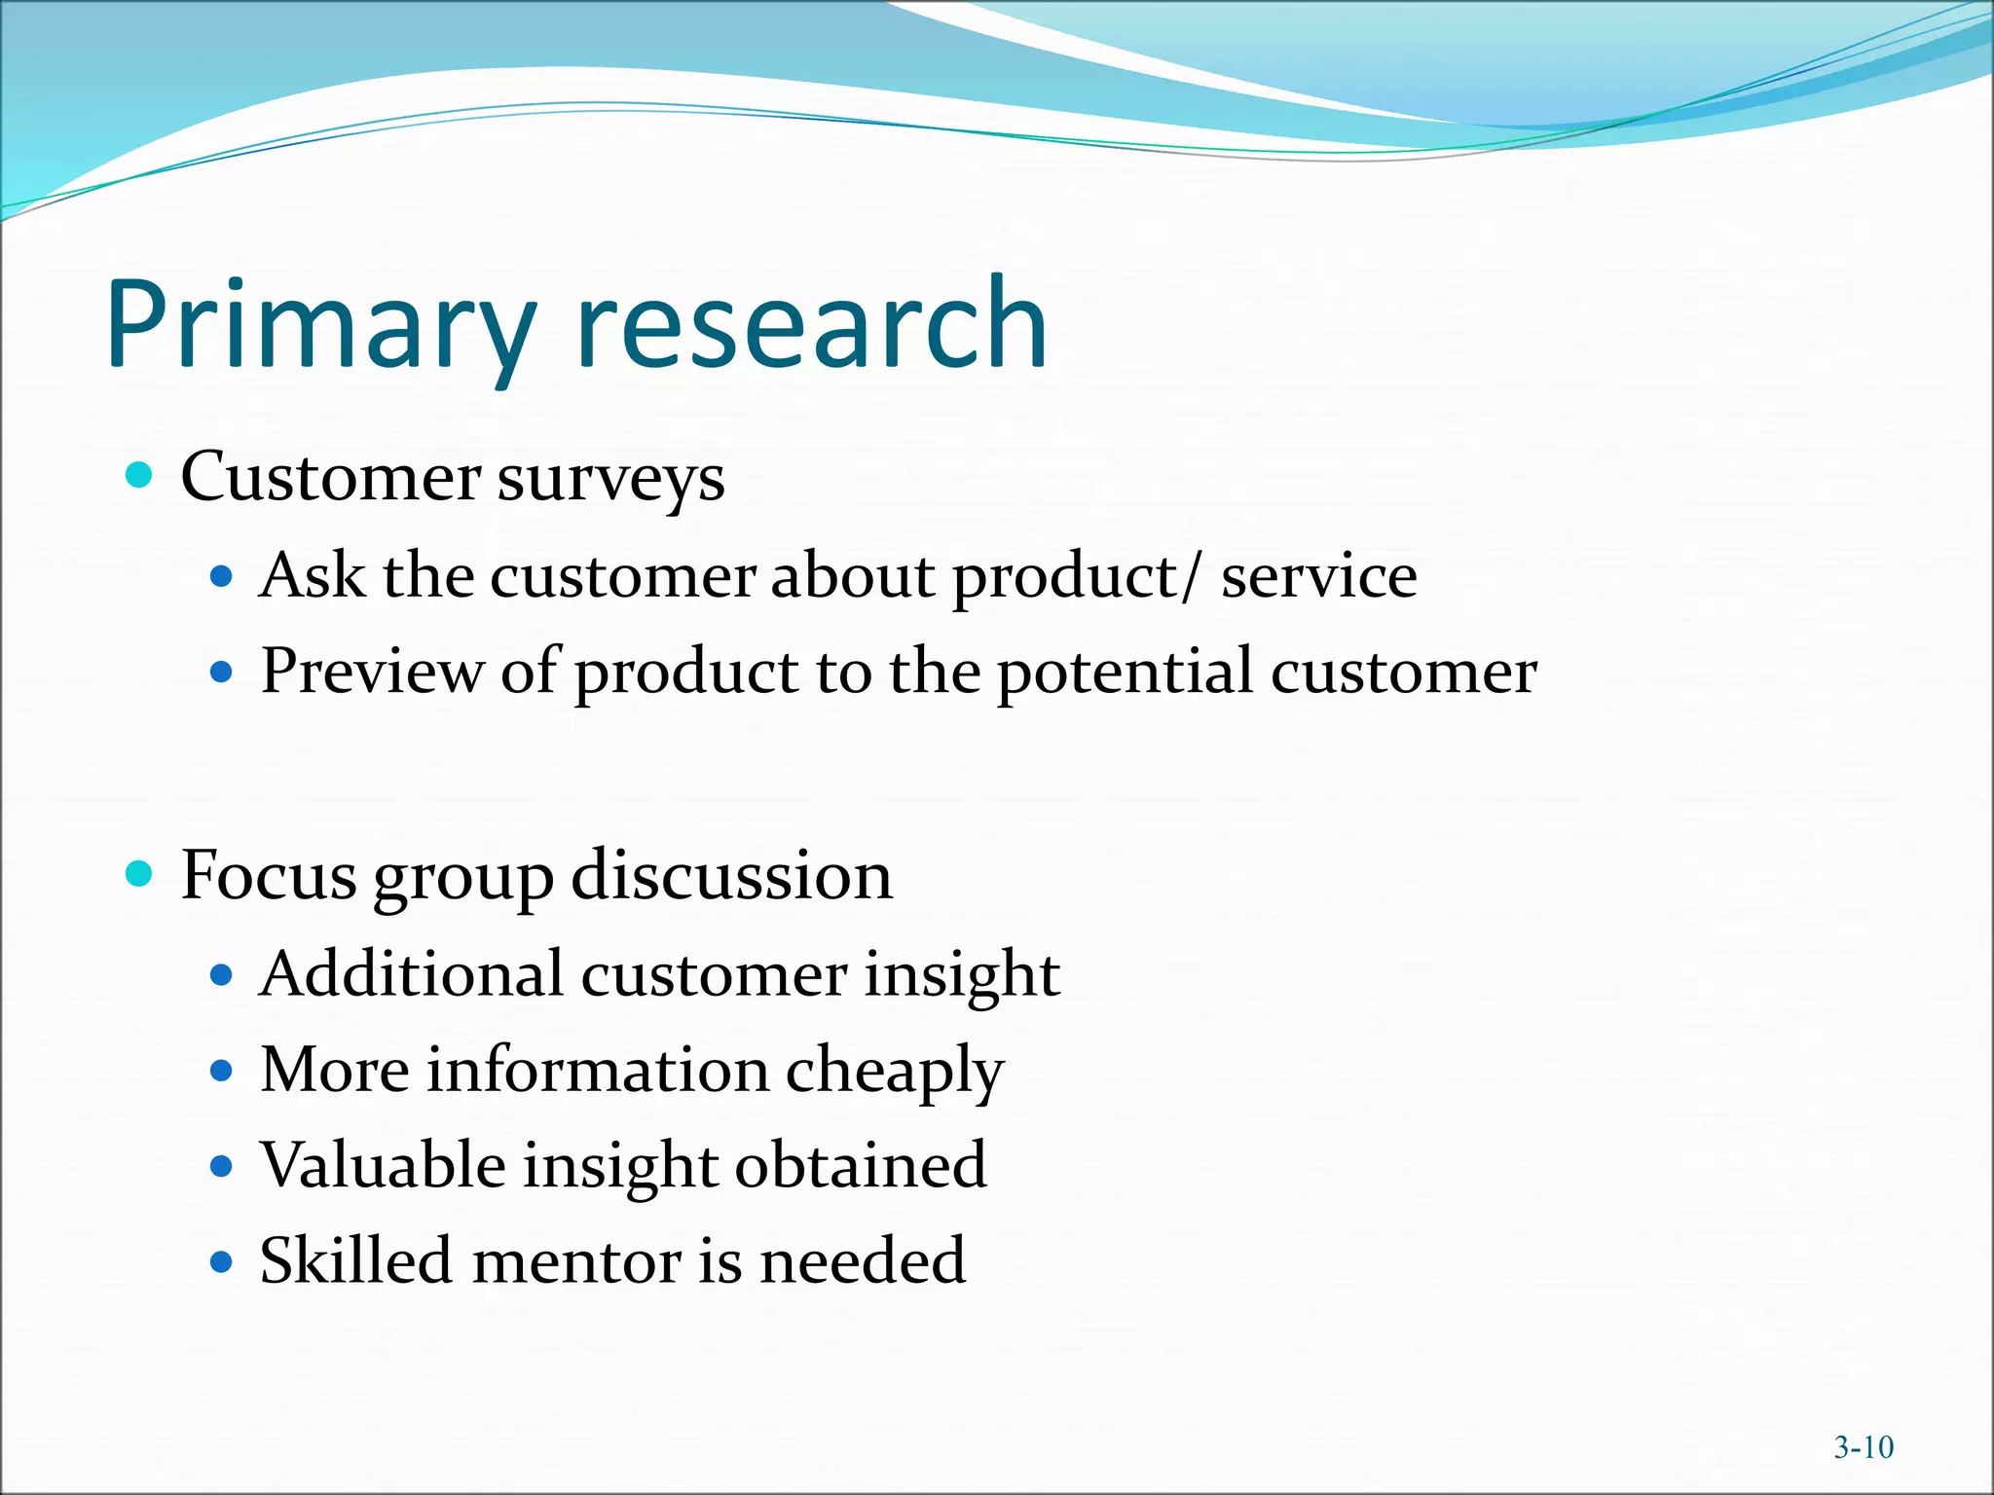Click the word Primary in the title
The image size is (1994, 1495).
(321, 326)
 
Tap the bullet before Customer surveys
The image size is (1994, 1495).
(140, 476)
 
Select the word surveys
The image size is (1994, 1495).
(610, 479)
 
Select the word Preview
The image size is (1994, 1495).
(371, 671)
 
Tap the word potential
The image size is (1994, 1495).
(1125, 673)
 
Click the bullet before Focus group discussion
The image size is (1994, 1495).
(140, 874)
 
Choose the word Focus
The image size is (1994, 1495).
(269, 875)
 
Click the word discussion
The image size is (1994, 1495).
(731, 875)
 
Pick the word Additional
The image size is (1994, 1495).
(412, 973)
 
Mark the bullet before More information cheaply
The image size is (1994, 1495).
(222, 1071)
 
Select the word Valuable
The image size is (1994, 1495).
(383, 1165)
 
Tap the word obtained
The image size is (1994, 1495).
(860, 1165)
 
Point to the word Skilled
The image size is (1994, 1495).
(355, 1260)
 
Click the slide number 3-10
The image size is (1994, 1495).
(1864, 1448)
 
